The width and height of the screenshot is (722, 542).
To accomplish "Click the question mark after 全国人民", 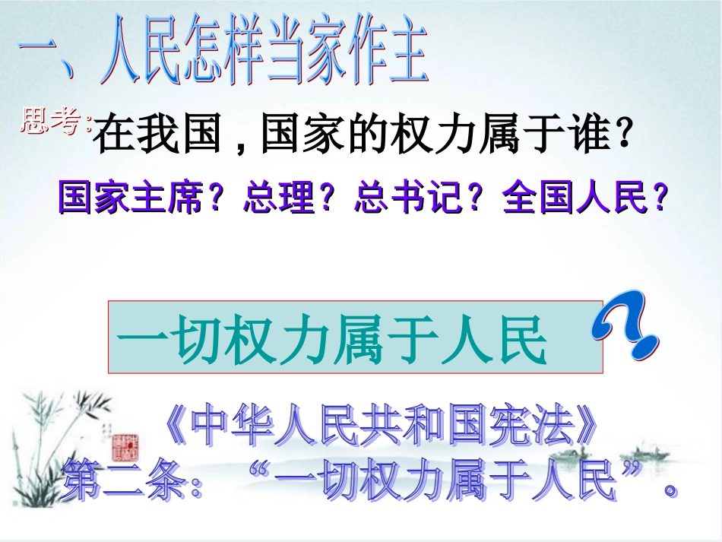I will point(660,198).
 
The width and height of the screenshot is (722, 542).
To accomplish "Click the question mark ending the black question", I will point(623,137).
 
